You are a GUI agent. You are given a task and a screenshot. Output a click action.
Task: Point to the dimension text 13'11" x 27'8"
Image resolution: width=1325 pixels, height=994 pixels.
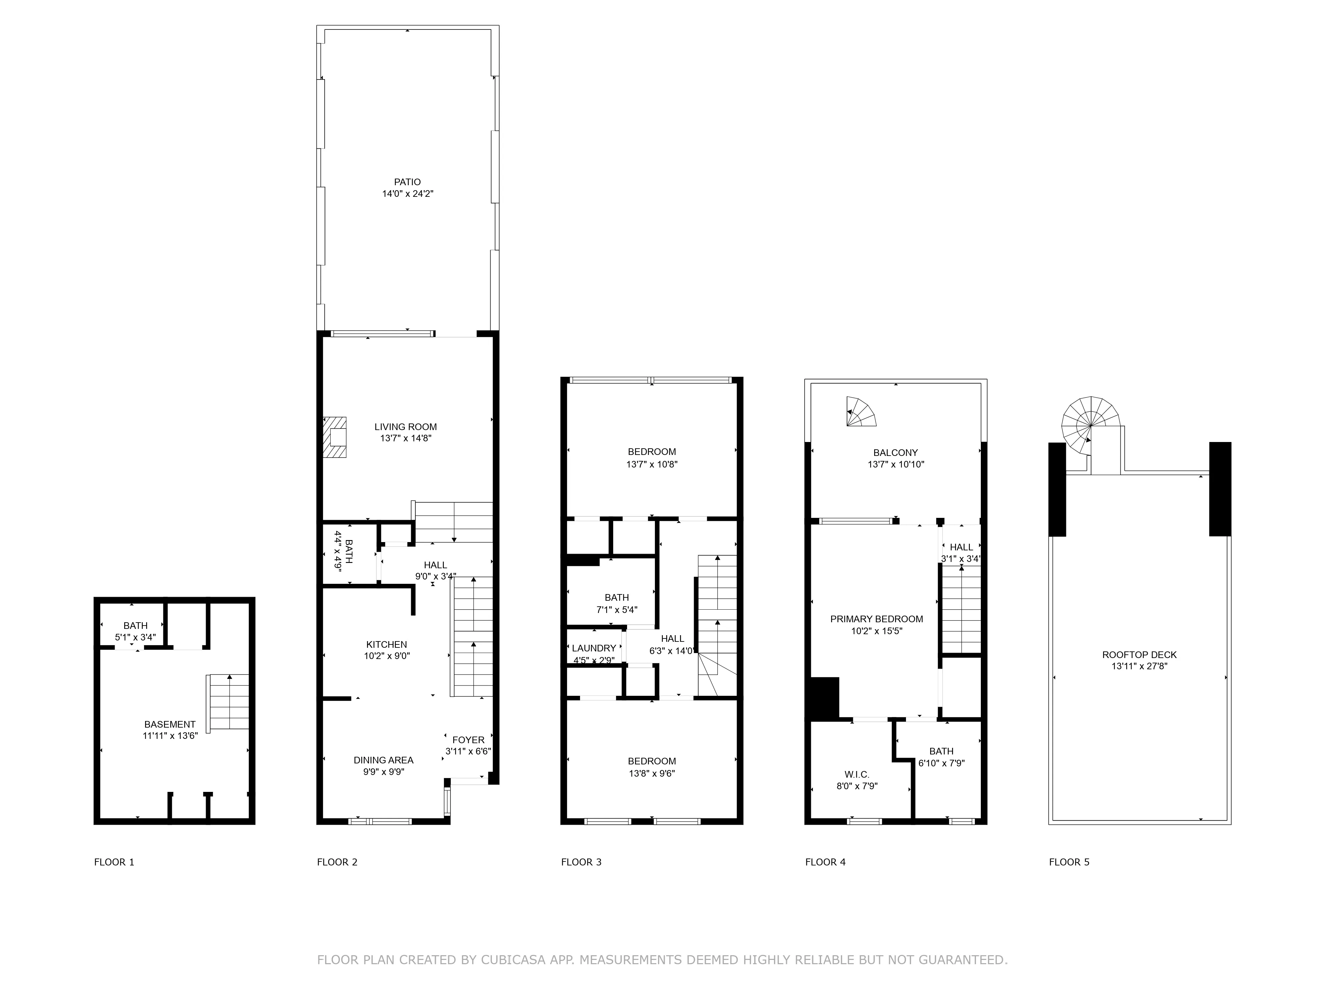click(1139, 666)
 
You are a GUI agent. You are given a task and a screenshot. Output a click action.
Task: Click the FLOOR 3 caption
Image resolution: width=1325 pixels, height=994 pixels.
click(581, 862)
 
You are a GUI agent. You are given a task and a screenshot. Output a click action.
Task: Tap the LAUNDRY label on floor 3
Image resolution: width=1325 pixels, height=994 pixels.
click(594, 648)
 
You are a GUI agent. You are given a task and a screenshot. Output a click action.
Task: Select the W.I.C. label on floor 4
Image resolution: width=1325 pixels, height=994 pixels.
click(857, 775)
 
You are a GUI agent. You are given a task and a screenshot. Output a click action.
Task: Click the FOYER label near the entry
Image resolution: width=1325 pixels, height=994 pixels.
click(468, 740)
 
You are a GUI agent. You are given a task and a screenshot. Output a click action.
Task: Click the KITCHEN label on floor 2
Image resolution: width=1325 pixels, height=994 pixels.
click(386, 645)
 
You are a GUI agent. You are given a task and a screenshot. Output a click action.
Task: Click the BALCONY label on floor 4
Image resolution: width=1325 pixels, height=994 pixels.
click(895, 453)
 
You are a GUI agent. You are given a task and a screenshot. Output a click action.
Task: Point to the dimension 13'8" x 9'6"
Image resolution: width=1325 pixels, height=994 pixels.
click(652, 774)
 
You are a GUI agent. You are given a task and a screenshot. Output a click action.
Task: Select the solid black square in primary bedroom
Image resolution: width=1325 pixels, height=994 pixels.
click(824, 698)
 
